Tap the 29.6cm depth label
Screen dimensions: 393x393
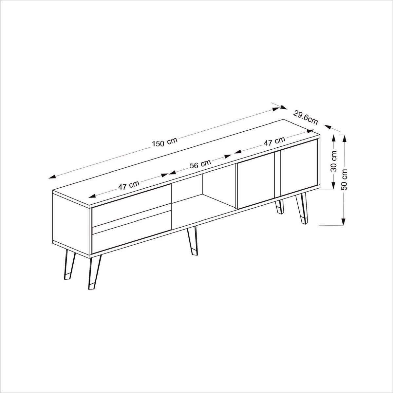[x=305, y=117]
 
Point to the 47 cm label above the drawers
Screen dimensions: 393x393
[x=129, y=186]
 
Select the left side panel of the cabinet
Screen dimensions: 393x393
[x=71, y=223]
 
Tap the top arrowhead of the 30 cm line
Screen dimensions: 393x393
[x=334, y=137]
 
